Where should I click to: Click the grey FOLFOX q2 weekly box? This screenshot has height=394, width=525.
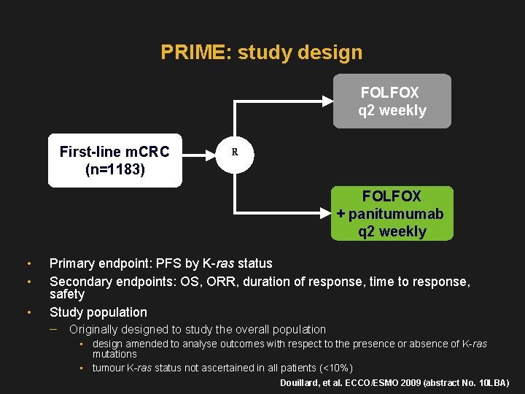coord(392,101)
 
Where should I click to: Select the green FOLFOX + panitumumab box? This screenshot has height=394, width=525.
coord(392,214)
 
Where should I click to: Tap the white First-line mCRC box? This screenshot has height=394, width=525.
coord(114,161)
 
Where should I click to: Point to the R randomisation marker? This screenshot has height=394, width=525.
coord(235,152)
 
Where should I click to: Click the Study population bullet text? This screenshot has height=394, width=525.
coord(98,312)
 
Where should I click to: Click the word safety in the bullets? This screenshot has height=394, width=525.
coord(67,294)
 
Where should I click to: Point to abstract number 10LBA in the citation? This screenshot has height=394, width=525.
coord(491,383)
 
